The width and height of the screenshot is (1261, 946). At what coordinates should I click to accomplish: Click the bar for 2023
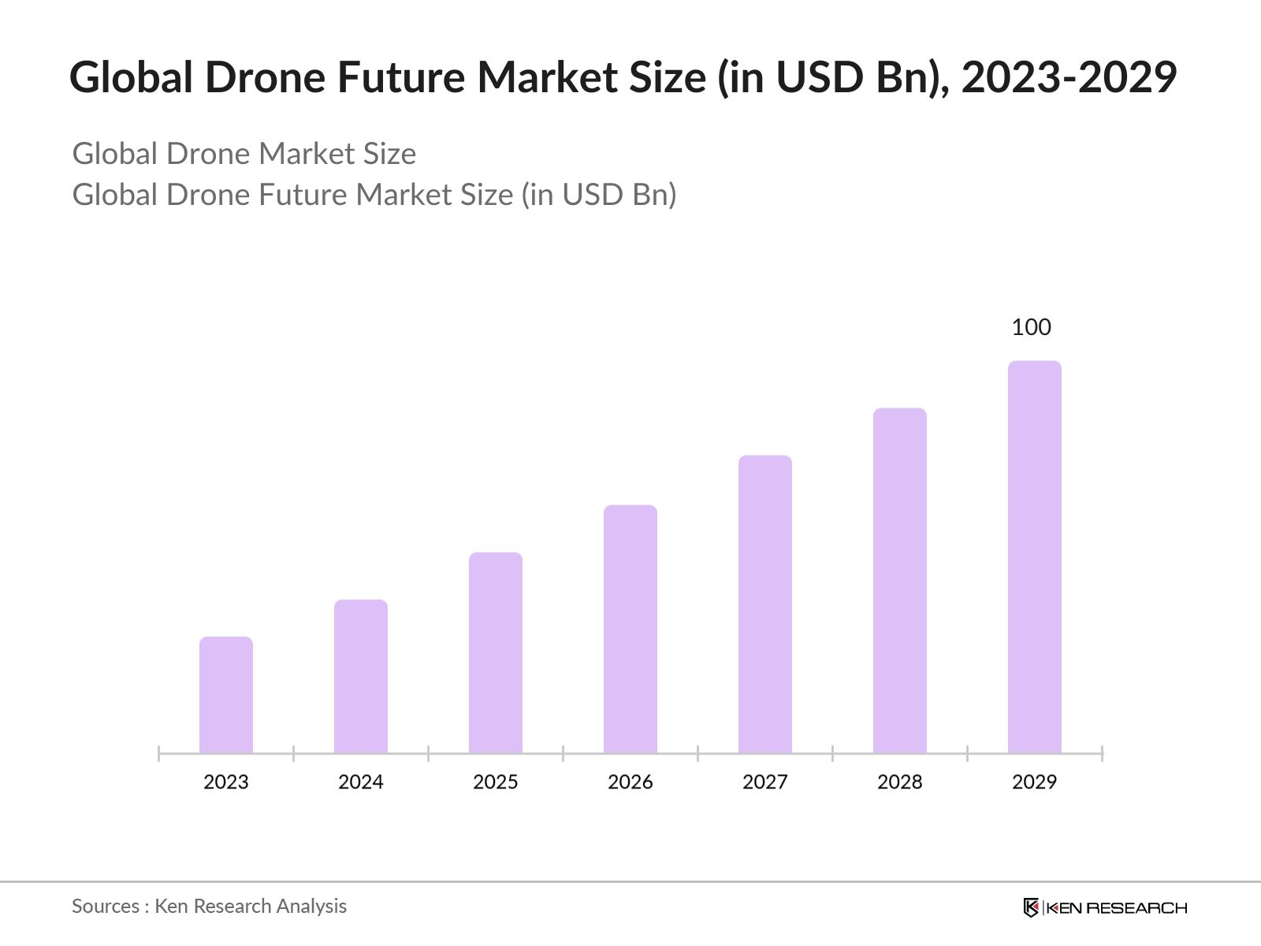(226, 695)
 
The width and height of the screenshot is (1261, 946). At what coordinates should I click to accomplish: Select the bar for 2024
(361, 676)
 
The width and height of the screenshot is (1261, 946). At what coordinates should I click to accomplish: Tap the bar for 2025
(496, 653)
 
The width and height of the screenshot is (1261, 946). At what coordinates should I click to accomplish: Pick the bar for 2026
(630, 629)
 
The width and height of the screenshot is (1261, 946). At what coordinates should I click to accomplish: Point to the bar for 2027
(765, 605)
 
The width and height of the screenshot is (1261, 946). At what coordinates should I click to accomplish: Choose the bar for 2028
(900, 581)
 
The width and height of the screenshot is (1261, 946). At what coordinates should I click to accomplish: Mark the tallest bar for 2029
(1035, 557)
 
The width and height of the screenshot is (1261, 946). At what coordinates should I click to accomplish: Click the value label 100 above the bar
(1032, 327)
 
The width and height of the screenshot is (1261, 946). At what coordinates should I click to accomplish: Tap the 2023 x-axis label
(226, 782)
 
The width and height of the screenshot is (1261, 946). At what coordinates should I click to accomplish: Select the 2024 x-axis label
(361, 782)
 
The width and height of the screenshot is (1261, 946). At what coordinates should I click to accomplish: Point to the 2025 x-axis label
(496, 782)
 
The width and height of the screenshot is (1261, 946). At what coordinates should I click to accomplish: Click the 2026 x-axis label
(630, 782)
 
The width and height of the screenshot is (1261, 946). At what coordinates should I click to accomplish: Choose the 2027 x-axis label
(765, 782)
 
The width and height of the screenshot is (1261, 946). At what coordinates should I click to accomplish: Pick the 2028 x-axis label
(900, 782)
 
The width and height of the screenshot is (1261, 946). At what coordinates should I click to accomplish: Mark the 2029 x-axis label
(1035, 782)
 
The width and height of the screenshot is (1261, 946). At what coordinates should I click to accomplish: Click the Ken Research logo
(1105, 907)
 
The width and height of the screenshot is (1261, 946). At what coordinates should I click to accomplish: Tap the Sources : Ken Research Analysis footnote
(210, 907)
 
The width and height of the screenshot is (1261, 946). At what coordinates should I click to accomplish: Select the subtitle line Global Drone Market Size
(244, 154)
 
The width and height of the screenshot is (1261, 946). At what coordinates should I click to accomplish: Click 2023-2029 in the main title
(1069, 77)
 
